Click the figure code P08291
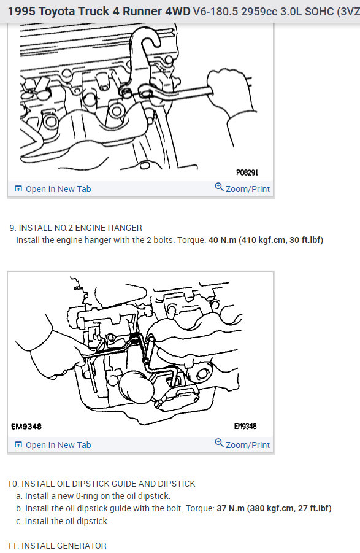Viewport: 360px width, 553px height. [247, 172]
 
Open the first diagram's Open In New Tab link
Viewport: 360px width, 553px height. [53, 189]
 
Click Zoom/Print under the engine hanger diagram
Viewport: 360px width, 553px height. [242, 188]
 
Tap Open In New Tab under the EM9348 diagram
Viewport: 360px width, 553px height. [53, 445]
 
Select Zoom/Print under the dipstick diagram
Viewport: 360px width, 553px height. [242, 444]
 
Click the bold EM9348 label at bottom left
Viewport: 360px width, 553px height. [26, 427]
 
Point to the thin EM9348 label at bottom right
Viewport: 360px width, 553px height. [245, 427]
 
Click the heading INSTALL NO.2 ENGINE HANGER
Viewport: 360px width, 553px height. [80, 228]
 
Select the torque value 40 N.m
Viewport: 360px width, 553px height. [222, 240]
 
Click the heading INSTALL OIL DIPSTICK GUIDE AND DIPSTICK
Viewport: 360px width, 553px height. [108, 484]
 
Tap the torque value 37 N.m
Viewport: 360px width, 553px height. [231, 508]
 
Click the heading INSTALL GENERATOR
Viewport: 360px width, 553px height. [64, 546]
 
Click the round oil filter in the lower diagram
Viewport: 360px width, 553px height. [136, 387]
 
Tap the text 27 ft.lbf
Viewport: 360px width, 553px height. [313, 508]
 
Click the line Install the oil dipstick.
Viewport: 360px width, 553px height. [63, 521]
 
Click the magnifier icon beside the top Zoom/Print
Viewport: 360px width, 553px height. [219, 187]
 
